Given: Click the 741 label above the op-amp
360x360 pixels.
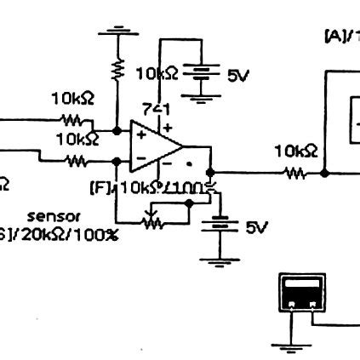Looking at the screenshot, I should pyautogui.click(x=156, y=109).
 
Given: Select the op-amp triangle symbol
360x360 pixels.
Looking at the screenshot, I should pyautogui.click(x=153, y=146).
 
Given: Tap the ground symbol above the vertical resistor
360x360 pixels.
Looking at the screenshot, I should pyautogui.click(x=117, y=32).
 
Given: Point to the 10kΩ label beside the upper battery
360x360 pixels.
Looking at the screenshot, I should pyautogui.click(x=157, y=74).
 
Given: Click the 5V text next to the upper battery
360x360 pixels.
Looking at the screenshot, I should pyautogui.click(x=237, y=76).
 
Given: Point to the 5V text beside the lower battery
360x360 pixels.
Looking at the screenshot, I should pyautogui.click(x=256, y=227).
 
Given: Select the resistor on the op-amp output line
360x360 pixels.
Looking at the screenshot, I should pyautogui.click(x=294, y=173).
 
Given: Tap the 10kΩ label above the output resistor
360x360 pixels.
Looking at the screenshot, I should pyautogui.click(x=295, y=151).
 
